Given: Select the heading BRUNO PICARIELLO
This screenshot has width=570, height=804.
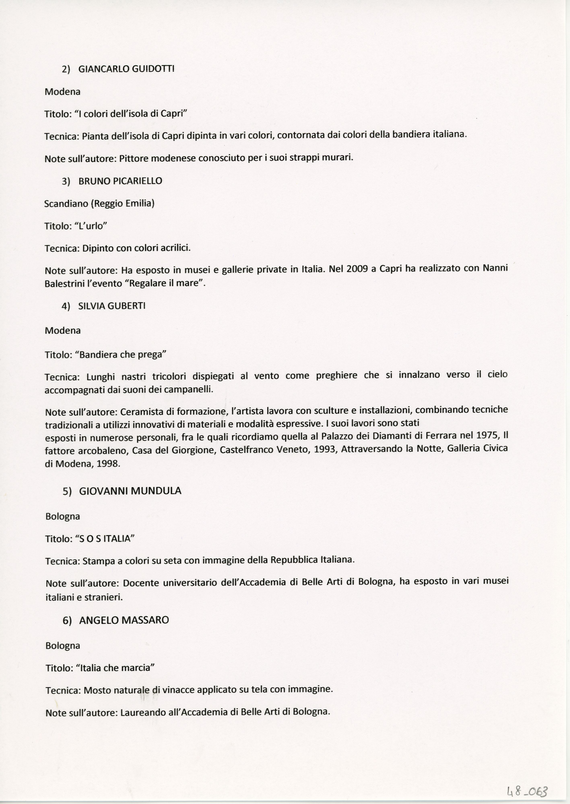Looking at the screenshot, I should point(120,181).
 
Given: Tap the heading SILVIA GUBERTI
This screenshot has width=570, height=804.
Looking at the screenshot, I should point(112,306).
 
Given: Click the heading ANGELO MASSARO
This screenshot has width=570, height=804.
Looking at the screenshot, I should point(124,620).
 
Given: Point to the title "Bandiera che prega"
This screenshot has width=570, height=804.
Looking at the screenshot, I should point(120,355).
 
